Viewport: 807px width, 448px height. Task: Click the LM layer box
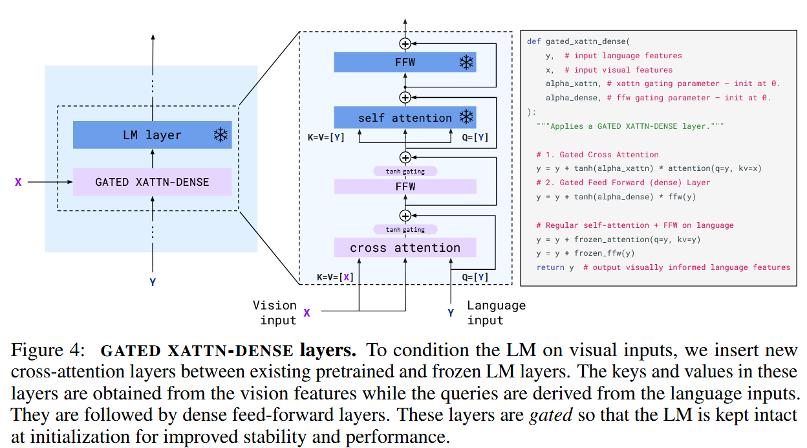(152, 135)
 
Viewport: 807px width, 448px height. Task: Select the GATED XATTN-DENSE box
(152, 182)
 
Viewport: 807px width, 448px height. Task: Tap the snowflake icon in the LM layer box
(221, 135)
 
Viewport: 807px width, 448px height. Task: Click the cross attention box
(405, 247)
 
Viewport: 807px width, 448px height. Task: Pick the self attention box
(405, 118)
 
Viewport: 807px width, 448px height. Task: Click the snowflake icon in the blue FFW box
(466, 62)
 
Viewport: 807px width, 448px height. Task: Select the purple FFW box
(405, 186)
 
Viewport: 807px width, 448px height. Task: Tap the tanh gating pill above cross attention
(405, 230)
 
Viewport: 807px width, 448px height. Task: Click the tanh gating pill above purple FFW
(405, 172)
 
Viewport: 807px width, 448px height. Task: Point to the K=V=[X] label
(335, 277)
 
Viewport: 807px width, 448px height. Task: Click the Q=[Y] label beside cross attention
(475, 277)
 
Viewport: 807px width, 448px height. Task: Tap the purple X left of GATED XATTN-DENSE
(18, 183)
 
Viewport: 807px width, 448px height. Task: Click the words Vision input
(275, 312)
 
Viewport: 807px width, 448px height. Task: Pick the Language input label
(495, 312)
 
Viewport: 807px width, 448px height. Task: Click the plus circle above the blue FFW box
(405, 44)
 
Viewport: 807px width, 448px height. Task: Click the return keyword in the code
(550, 267)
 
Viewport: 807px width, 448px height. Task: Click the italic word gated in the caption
(550, 414)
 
